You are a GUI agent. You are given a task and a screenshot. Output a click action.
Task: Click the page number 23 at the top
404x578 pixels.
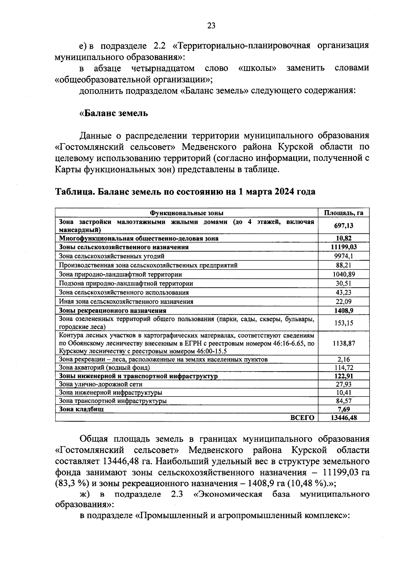[211, 26]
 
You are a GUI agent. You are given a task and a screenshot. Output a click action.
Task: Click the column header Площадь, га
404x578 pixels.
[343, 213]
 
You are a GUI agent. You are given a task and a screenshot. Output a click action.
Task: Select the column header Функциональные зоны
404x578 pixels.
[187, 213]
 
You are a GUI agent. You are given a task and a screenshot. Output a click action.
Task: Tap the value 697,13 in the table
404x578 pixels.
[343, 226]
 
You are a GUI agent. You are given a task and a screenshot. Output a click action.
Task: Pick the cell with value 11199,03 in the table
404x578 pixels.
[343, 247]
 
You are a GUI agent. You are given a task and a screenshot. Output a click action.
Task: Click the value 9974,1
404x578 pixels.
[343, 256]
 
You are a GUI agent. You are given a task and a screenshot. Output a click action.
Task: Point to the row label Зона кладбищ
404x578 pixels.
[81, 409]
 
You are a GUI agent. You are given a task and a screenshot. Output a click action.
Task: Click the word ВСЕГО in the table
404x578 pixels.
[302, 418]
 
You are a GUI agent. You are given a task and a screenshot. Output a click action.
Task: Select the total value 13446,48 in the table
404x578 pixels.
[343, 418]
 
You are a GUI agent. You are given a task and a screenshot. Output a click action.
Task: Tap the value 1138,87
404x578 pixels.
[343, 343]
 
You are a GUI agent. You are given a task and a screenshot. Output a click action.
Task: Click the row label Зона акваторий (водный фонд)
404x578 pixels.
[104, 367]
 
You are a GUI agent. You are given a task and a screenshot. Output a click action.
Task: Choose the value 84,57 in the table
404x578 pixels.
[343, 401]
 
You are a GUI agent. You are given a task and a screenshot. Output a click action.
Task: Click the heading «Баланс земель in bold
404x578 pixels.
[113, 113]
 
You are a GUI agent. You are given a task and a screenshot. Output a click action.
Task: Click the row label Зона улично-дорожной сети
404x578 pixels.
[100, 384]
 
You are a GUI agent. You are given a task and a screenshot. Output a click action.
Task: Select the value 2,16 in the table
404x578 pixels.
[343, 359]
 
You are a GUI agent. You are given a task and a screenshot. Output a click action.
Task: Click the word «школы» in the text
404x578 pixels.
[257, 68]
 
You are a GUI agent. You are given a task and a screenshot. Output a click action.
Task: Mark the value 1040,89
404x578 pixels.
[343, 274]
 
